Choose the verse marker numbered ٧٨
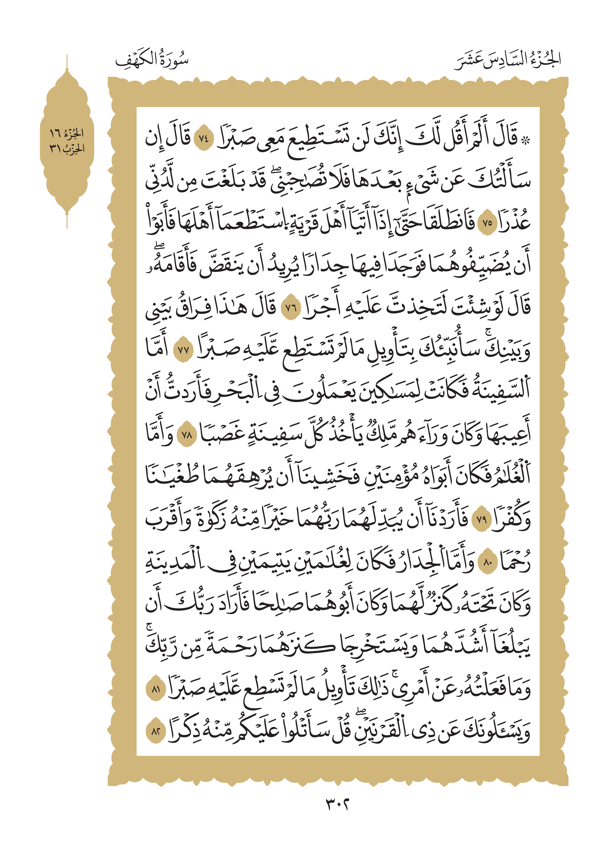coord(187,435)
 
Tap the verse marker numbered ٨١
coord(155,690)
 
